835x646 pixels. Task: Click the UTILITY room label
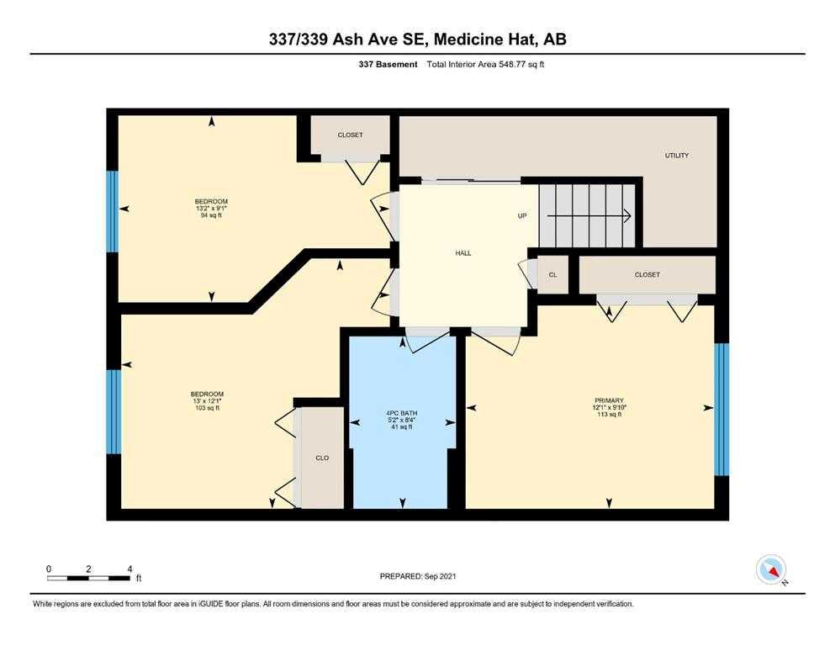coord(676,156)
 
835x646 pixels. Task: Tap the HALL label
coord(462,253)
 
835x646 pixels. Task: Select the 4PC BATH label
coord(402,413)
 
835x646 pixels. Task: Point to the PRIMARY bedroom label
coord(609,400)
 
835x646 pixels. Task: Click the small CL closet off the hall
coord(552,275)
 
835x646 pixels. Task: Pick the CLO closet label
coord(322,458)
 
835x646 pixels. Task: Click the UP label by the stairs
coord(522,215)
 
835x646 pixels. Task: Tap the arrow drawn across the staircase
coord(589,215)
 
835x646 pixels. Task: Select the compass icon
coord(771,569)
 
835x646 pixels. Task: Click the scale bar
coord(88,578)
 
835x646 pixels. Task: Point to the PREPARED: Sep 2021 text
coord(417,576)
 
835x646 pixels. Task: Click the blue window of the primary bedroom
coord(721,409)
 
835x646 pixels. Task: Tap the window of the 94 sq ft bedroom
coord(113,211)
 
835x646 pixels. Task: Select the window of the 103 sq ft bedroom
coord(114,411)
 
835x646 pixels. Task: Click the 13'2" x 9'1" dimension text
coord(211,209)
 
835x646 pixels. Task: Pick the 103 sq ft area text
coord(207,408)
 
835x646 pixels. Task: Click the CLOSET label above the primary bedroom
coord(647,275)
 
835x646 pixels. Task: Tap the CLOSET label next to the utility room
coord(350,135)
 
